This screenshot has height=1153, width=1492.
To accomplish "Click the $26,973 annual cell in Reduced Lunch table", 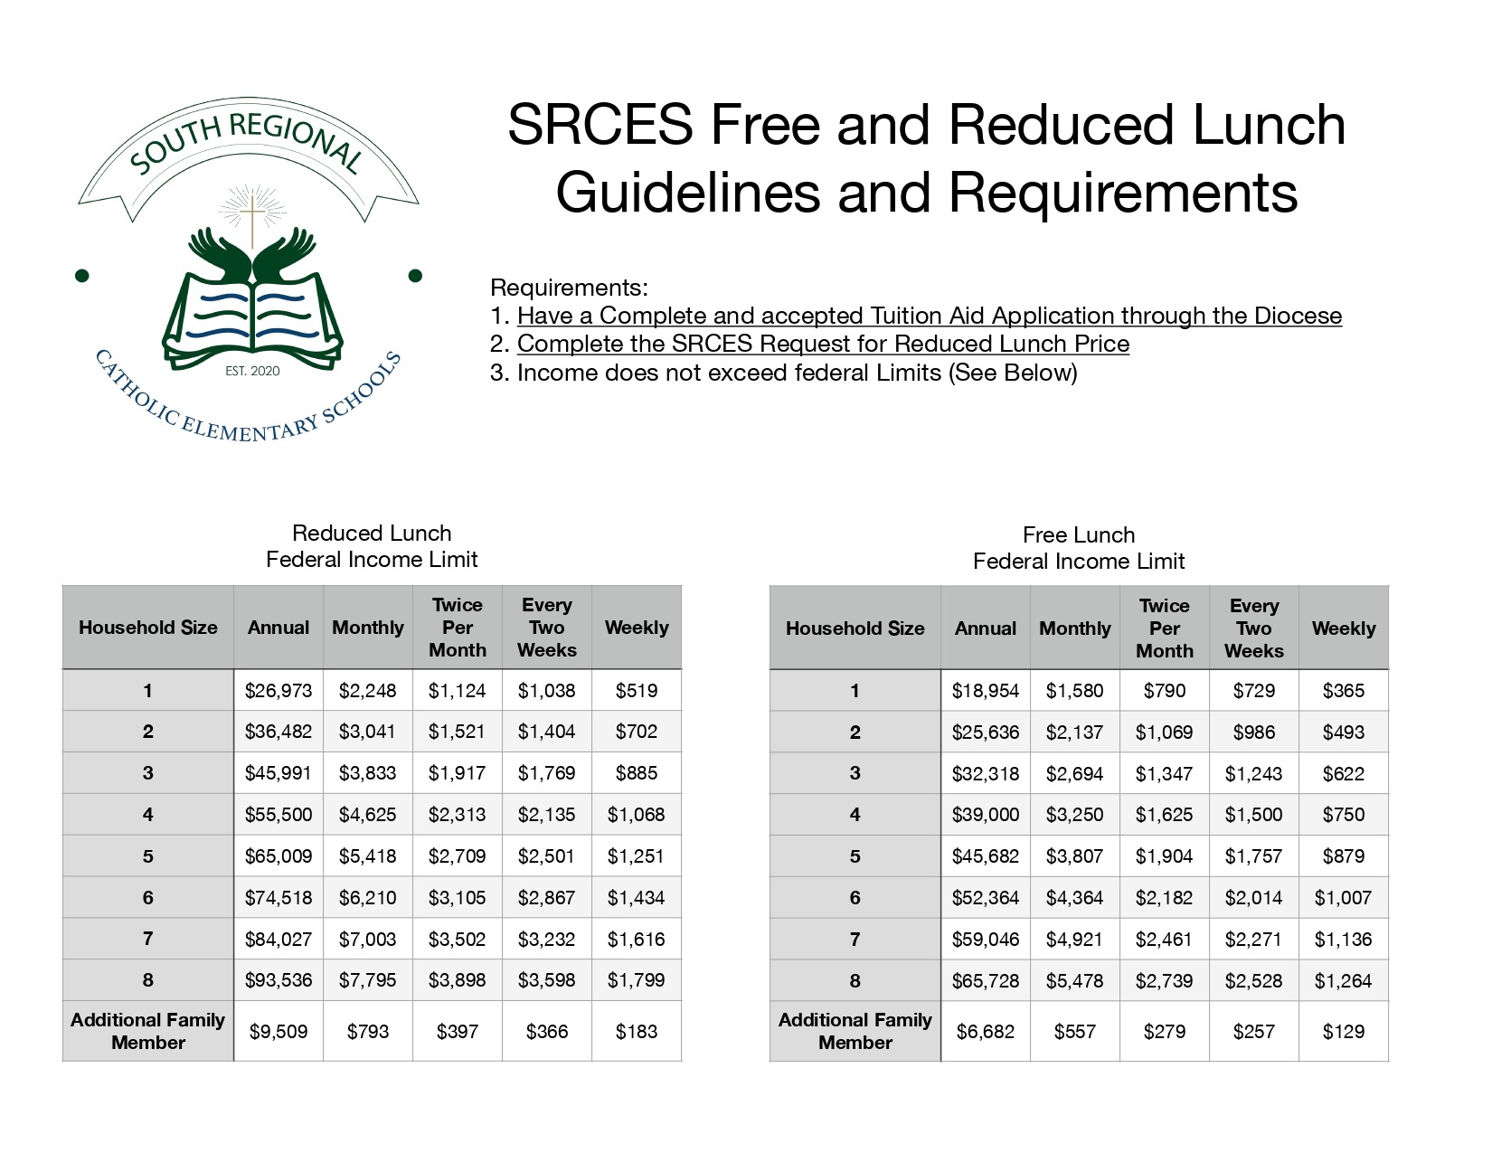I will tap(279, 691).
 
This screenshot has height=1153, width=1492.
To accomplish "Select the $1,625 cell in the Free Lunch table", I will tap(1165, 815).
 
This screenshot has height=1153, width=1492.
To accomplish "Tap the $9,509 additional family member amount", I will tap(279, 1032).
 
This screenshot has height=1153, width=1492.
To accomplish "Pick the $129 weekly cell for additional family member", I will tap(1344, 1032).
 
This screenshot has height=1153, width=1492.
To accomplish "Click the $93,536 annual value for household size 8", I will tap(279, 980).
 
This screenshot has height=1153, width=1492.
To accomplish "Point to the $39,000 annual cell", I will tap(986, 815).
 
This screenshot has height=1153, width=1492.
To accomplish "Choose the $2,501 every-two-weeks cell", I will tap(547, 856).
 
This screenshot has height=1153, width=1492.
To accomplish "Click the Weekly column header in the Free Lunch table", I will tap(1344, 628).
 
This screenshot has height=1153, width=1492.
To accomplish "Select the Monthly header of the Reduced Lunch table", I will tap(368, 628).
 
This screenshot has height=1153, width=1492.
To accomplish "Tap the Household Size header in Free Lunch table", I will tap(855, 628).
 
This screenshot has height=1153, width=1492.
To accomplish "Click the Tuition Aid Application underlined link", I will tap(929, 316).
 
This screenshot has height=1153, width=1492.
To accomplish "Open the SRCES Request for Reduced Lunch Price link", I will tap(823, 344).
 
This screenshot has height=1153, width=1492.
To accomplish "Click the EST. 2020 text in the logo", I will tap(252, 371).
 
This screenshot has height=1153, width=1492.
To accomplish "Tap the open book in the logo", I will tap(253, 317).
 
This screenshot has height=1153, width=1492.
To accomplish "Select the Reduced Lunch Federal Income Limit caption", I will tap(372, 546).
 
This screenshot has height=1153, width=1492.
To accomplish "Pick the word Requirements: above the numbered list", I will tap(569, 288).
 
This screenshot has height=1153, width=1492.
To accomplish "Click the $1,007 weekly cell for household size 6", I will tap(1344, 898).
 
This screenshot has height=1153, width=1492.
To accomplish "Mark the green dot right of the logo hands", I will tap(416, 275).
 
